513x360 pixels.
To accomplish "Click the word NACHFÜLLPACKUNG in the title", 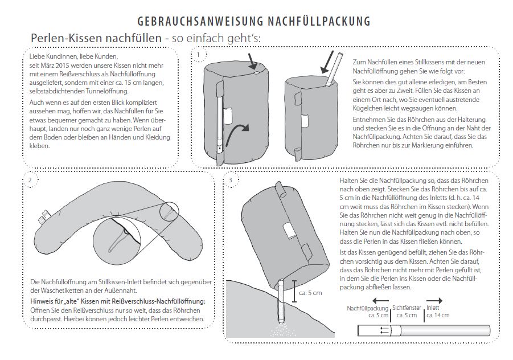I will [x=319, y=22].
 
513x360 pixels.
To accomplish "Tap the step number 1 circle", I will [x=198, y=55].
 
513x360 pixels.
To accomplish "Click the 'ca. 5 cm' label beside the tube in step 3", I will [x=310, y=293].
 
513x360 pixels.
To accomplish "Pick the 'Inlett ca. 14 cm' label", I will [x=437, y=311].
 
